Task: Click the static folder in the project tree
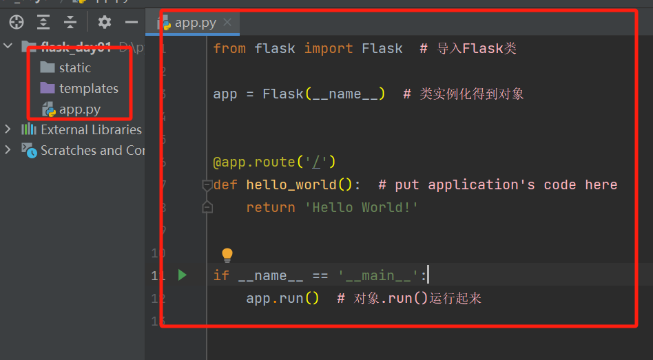coord(74,67)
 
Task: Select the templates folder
coord(88,88)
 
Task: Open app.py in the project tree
coord(79,109)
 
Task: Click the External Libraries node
coord(90,129)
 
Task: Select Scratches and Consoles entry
coord(92,150)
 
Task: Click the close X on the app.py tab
coord(227,22)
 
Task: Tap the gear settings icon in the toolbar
coord(104,22)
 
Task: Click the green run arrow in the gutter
coord(182,275)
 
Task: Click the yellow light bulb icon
coord(227,255)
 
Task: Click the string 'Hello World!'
coord(361,207)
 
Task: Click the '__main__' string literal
coord(379,275)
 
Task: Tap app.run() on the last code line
coord(282,298)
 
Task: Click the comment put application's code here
coord(497,184)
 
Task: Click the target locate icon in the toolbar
coord(16,22)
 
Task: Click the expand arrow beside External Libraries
coord(8,129)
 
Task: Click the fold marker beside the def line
coord(207,184)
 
